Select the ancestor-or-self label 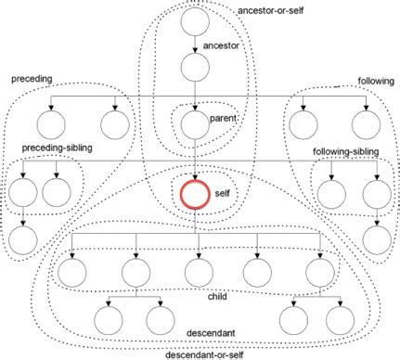click(270, 10)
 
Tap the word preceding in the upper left click(32, 80)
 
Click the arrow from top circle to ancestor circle click(196, 43)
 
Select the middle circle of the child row click(196, 272)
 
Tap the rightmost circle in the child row click(320, 272)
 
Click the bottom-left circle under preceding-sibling click(22, 238)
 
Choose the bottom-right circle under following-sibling click(377, 238)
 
